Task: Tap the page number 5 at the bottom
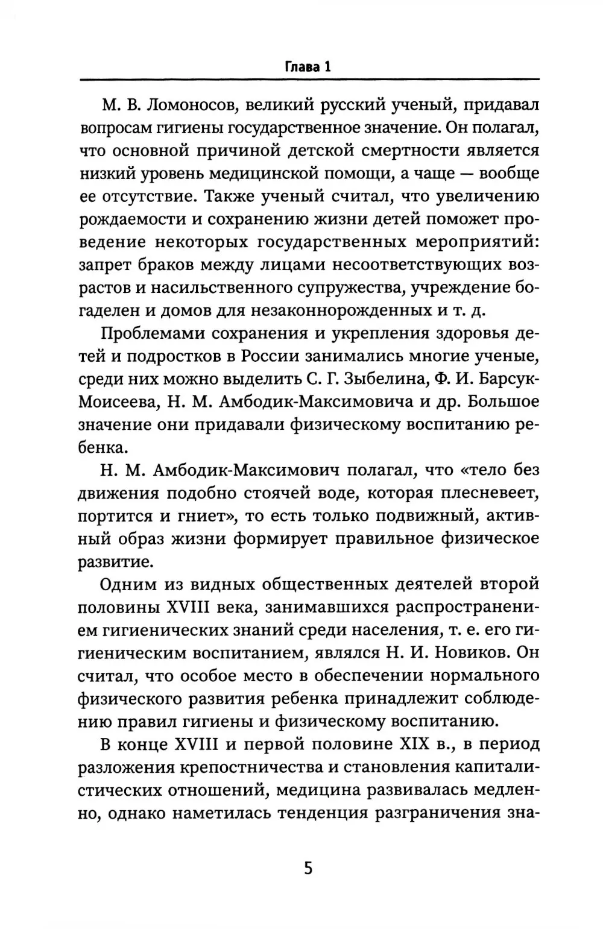point(308,869)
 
